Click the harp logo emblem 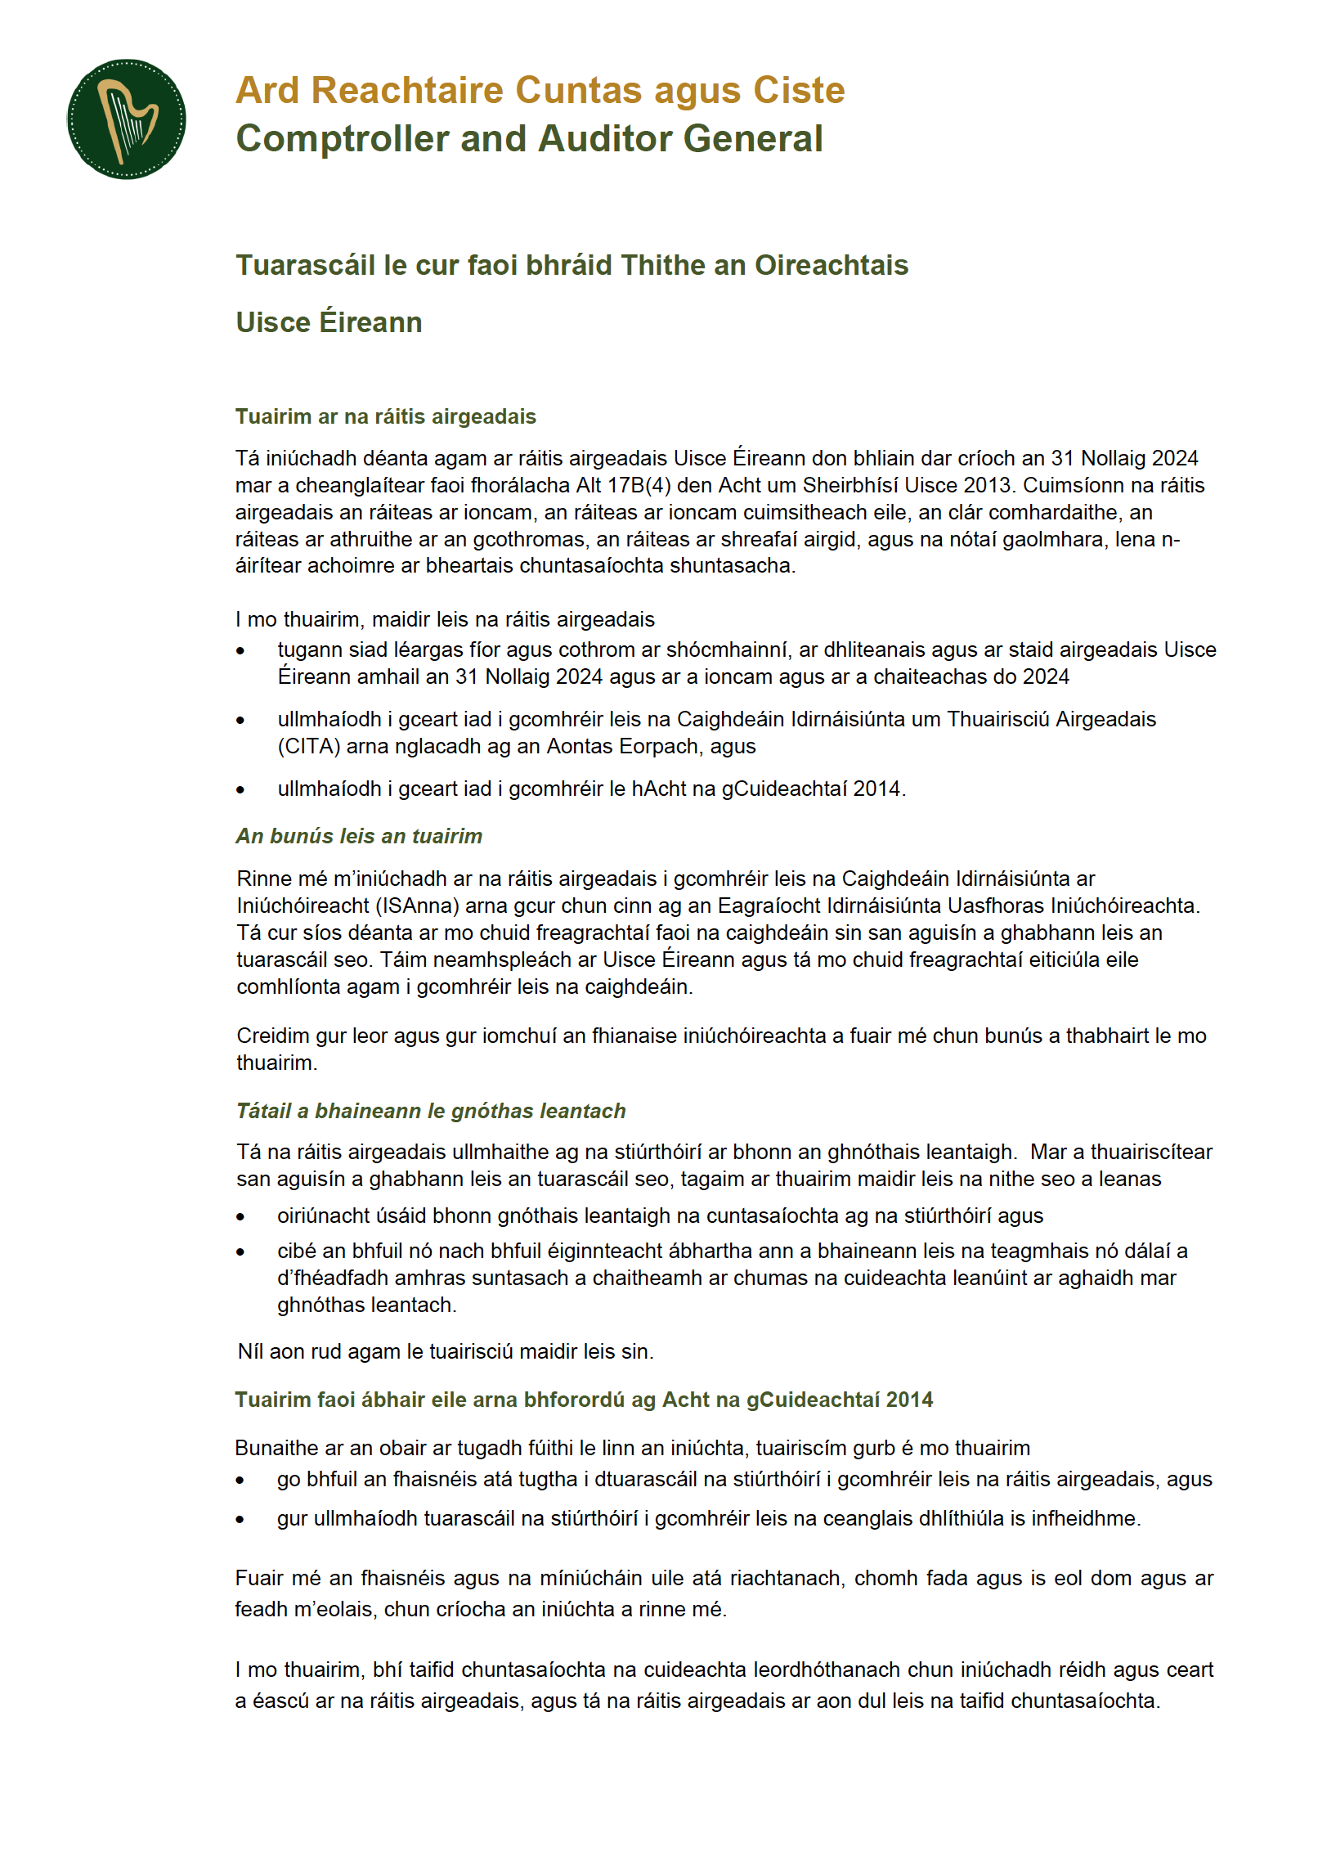[126, 119]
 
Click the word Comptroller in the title [338, 139]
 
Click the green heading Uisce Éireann [329, 322]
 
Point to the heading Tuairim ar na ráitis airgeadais [385, 416]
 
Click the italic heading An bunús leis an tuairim [359, 836]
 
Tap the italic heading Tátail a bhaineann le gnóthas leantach [431, 1111]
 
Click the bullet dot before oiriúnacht [240, 1217]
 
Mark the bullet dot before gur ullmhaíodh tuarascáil [240, 1520]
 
